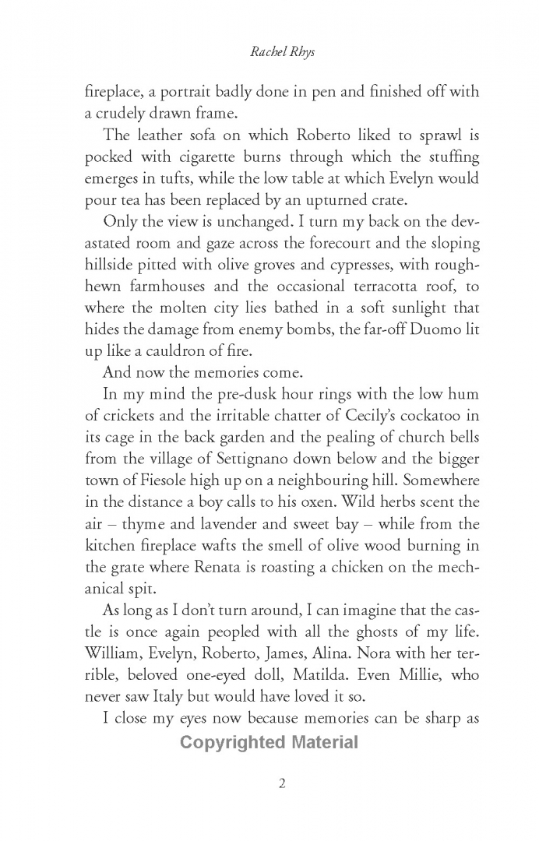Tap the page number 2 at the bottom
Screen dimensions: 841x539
pos(282,783)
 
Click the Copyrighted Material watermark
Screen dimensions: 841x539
pos(269,742)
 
